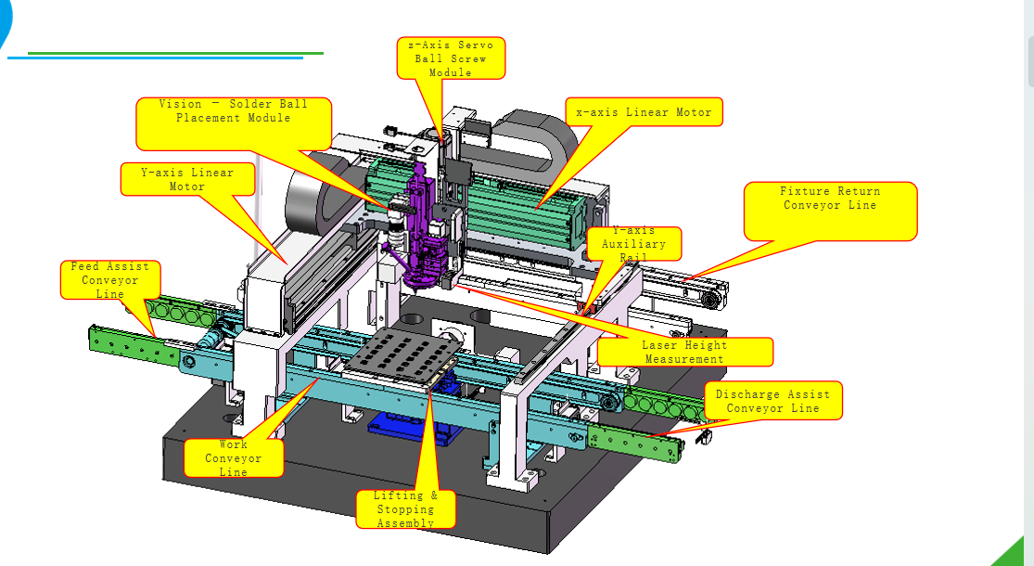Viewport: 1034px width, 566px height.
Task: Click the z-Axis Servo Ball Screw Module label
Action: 451,58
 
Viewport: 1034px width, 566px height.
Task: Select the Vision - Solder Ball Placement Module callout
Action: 234,123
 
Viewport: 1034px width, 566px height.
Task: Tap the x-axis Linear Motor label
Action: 644,112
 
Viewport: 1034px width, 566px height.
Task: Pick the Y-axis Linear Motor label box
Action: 187,179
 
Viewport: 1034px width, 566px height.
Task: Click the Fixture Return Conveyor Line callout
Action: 830,212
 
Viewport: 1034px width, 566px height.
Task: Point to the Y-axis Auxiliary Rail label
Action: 633,244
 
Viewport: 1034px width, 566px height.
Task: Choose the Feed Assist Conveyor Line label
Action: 110,279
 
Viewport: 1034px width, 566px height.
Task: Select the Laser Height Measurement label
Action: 685,352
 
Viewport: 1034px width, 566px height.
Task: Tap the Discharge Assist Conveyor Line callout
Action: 772,401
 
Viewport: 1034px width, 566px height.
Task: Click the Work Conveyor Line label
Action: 234,457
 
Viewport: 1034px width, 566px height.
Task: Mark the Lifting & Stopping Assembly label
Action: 405,508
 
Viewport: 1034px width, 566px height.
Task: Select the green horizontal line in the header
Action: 175,54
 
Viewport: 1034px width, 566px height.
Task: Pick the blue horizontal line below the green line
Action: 155,58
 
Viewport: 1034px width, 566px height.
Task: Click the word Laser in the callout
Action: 659,345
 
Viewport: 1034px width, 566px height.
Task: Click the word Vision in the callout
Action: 181,104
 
